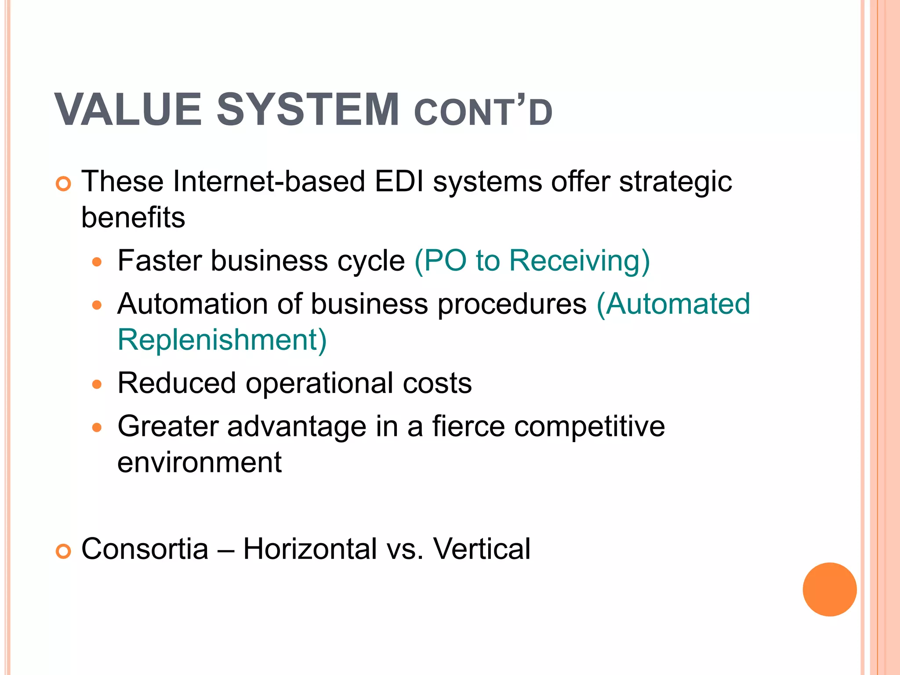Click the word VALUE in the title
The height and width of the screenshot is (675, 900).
[127, 109]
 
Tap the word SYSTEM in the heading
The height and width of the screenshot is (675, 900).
[308, 109]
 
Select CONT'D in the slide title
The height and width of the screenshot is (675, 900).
[483, 113]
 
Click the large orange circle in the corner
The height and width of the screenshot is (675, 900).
[829, 589]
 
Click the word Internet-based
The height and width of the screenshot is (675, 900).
[269, 181]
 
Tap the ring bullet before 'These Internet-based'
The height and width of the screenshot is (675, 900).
[64, 184]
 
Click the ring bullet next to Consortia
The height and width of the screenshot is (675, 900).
[64, 551]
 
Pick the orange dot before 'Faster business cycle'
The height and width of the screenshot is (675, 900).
[97, 263]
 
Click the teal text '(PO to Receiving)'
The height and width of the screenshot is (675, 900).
[532, 261]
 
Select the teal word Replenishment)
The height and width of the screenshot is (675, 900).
[222, 340]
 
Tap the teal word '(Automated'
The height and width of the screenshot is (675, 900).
[673, 304]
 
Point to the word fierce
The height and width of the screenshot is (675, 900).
[468, 426]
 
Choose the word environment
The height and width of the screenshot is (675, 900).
[200, 462]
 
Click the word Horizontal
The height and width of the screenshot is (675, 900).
[310, 549]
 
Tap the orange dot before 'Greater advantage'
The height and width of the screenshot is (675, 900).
[97, 427]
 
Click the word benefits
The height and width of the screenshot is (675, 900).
[133, 218]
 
